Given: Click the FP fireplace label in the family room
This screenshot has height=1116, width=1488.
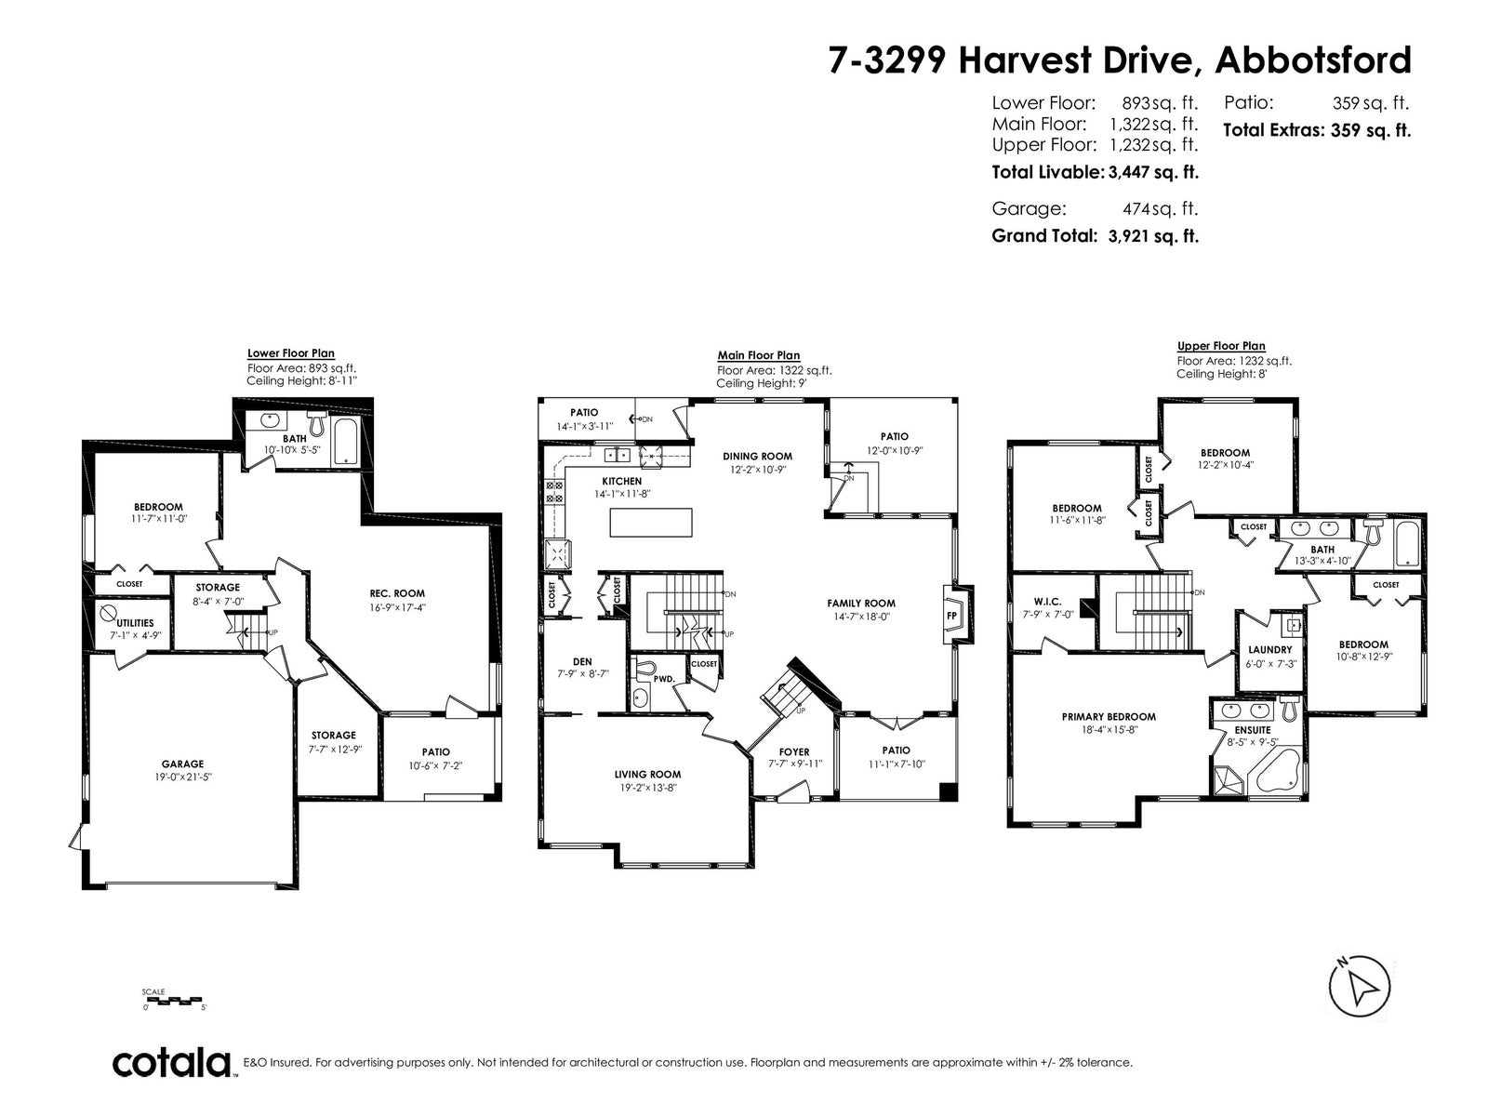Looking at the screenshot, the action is pyautogui.click(x=951, y=616).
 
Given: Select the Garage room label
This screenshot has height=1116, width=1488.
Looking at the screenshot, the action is pyautogui.click(x=183, y=764).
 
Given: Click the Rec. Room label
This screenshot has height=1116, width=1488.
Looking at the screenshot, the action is pyautogui.click(x=397, y=593).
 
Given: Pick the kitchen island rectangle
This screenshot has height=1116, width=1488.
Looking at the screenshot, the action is pyautogui.click(x=651, y=523).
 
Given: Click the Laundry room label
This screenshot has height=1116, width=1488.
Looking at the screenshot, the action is pyautogui.click(x=1270, y=649).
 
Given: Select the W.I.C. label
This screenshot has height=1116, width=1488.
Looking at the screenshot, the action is pyautogui.click(x=1047, y=602).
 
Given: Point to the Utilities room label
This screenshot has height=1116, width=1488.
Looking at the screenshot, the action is pyautogui.click(x=135, y=623).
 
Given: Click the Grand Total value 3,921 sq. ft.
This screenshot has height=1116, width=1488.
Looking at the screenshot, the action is pyautogui.click(x=1153, y=236).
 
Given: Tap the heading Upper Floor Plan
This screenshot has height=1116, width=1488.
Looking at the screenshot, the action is pyautogui.click(x=1221, y=346).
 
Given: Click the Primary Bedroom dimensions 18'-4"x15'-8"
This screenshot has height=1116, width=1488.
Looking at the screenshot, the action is pyautogui.click(x=1109, y=730).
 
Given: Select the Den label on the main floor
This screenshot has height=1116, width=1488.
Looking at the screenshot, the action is pyautogui.click(x=582, y=661).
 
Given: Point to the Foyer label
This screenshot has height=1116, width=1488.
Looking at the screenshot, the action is pyautogui.click(x=794, y=751).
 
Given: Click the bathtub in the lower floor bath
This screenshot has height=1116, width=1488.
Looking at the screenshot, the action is pyautogui.click(x=346, y=441).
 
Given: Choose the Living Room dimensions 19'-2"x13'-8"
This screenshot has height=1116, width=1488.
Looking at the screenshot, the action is pyautogui.click(x=648, y=788).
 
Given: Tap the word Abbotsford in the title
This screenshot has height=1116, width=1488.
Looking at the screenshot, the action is pyautogui.click(x=1313, y=60).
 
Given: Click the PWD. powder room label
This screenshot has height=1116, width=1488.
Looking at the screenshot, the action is pyautogui.click(x=664, y=678).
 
